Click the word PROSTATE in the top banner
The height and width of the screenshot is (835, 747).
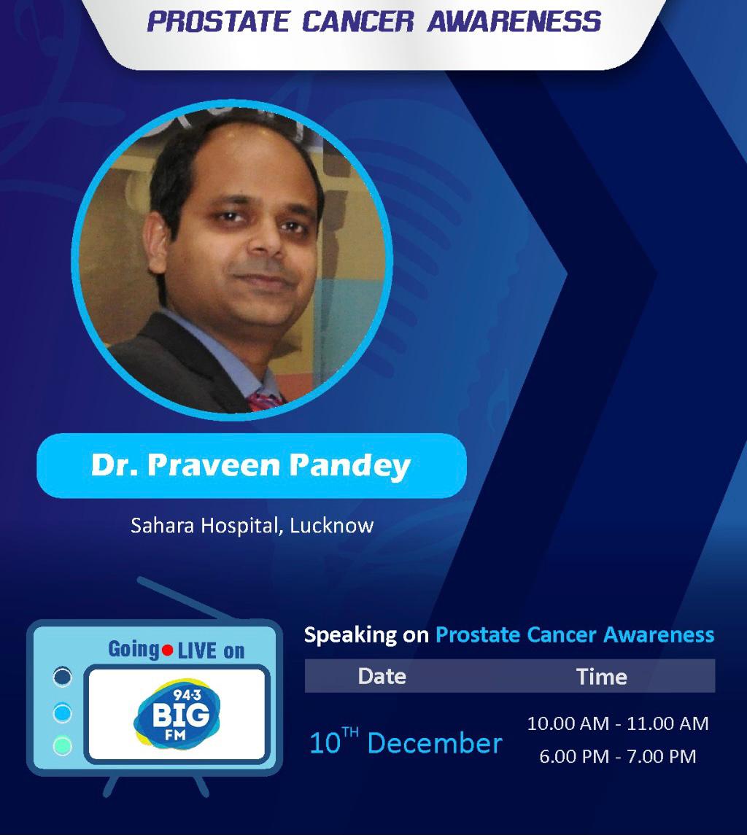tap(217, 22)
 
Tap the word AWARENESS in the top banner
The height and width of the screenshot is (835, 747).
tap(514, 22)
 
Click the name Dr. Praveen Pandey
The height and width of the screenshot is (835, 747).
tap(251, 465)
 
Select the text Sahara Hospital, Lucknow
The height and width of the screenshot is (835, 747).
tap(252, 526)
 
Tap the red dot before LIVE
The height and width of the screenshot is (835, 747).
tap(168, 650)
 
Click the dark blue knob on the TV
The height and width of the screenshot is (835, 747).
tap(63, 677)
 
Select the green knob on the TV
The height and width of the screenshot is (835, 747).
tap(63, 745)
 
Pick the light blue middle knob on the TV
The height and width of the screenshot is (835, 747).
tap(63, 712)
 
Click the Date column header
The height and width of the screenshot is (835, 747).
tap(382, 676)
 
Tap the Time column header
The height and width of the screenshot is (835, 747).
tap(602, 677)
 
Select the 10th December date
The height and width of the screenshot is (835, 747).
tap(406, 741)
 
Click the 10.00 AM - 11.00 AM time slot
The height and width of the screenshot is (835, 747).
tap(618, 723)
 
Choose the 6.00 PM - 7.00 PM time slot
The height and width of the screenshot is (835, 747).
tap(618, 756)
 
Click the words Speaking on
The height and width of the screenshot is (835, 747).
tap(366, 634)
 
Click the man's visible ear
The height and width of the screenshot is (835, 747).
tap(156, 242)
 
